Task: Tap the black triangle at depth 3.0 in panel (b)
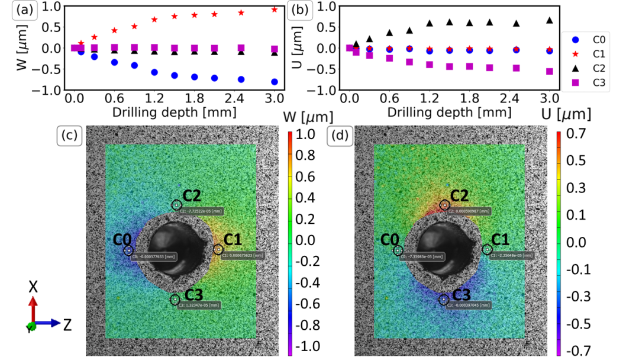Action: click(550, 20)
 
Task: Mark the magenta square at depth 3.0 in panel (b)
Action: click(550, 71)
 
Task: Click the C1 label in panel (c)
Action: click(233, 239)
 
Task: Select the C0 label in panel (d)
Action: click(389, 239)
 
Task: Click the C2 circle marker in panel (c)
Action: click(176, 205)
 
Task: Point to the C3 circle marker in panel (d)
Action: click(443, 300)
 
